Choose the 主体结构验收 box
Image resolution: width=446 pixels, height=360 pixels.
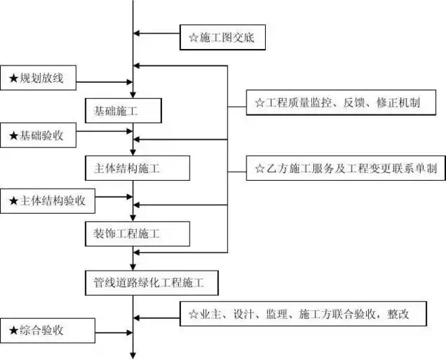pyautogui.click(x=53, y=200)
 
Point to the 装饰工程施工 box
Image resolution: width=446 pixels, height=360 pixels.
pyautogui.click(x=137, y=233)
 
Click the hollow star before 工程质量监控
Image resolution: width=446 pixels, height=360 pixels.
pyautogui.click(x=259, y=103)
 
